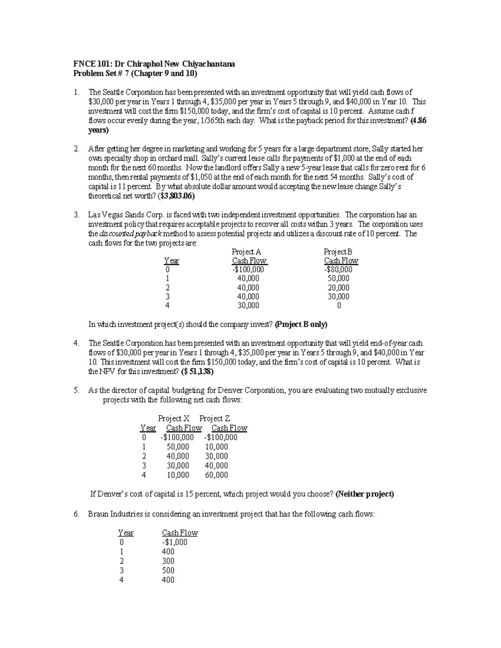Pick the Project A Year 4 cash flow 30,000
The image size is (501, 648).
248,305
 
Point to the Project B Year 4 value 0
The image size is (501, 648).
339,305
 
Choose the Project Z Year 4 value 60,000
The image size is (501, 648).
216,475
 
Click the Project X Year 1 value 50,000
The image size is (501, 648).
177,446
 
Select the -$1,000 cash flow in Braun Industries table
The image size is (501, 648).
175,542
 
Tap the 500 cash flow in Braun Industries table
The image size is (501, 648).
168,570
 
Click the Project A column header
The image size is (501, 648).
246,252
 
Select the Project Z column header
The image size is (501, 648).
215,418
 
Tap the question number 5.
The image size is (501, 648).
76,391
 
